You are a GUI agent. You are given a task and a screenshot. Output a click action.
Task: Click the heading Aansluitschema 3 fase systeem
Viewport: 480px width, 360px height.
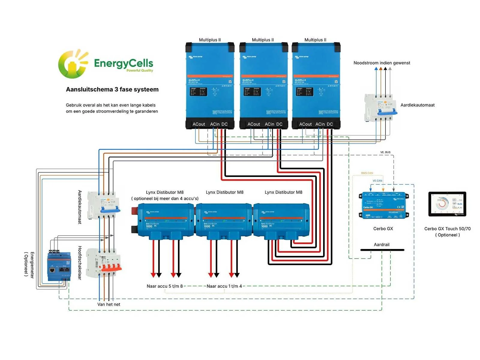coord(112,89)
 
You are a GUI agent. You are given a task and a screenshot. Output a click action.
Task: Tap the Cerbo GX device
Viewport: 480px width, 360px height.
coord(383,205)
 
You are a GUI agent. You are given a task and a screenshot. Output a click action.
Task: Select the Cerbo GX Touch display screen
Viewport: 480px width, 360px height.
coord(447,204)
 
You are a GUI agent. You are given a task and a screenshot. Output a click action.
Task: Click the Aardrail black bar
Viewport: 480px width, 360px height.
coord(382,250)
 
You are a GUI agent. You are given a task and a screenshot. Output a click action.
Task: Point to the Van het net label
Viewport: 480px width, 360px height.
coord(109,304)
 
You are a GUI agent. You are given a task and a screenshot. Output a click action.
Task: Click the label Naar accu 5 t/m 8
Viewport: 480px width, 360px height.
coord(165,286)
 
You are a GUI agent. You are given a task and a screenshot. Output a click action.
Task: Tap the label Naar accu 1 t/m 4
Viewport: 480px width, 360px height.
coord(224,286)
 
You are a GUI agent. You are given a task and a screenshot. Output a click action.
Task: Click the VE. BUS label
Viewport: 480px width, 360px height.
coord(385,152)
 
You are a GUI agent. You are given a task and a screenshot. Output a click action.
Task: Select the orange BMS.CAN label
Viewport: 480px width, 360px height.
coord(367,173)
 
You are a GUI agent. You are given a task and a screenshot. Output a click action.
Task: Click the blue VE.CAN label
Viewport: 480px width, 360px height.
coord(377,181)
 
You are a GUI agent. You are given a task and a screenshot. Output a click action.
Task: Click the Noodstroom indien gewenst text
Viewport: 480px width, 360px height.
coord(382,63)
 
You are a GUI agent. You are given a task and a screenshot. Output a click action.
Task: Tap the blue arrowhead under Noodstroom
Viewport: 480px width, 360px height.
coord(376,69)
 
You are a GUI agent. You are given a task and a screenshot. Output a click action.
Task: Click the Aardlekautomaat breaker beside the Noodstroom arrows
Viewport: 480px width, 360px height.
coord(379,107)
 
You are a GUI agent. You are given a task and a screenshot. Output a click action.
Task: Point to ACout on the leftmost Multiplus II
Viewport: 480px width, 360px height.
coord(199,124)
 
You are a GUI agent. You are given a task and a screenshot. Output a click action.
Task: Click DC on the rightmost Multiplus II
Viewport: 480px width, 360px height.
coord(330,124)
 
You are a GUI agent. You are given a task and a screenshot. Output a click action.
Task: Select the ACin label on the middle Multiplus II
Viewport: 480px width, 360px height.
coord(269,124)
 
